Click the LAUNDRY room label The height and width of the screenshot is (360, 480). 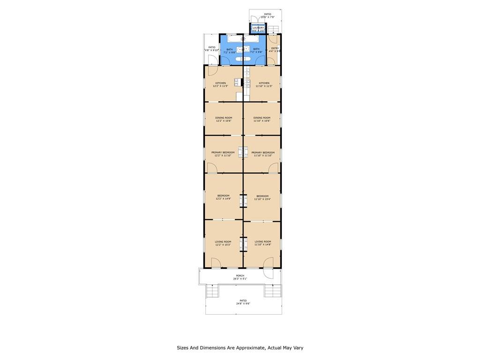tap(258, 28)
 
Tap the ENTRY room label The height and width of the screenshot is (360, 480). tap(275, 48)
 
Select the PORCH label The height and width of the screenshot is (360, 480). tap(240, 276)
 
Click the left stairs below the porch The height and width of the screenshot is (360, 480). tap(212, 291)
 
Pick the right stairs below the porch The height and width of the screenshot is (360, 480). tap(272, 291)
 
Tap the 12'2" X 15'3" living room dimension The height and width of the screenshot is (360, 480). tap(223, 245)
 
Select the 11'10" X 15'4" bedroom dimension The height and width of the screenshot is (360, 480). tap(262, 199)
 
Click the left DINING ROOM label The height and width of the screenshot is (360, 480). tap(224, 118)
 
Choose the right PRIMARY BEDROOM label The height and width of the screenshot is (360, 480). tap(262, 152)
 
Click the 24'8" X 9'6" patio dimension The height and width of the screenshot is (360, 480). tap(243, 304)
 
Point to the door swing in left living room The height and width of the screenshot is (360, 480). tap(217, 262)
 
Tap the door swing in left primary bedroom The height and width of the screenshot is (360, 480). tap(212, 168)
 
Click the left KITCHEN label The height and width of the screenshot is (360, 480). tap(220, 83)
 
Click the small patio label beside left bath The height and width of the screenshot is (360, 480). tap(212, 47)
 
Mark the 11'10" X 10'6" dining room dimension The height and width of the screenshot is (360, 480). tap(262, 121)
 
